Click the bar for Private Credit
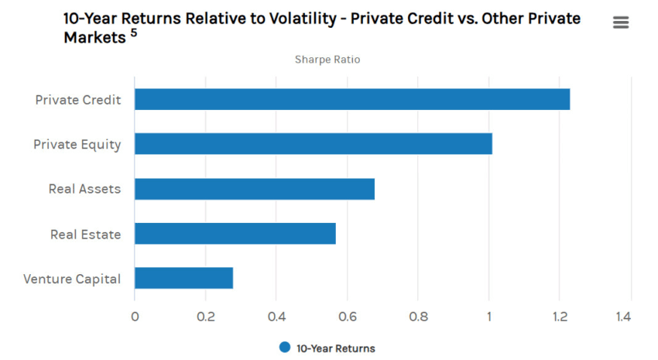coord(352,99)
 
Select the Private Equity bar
coord(314,144)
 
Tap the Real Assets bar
coord(255,189)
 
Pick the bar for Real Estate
coord(235,234)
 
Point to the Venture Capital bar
coord(184,278)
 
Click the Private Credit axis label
coord(78,100)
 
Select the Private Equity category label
coord(77,145)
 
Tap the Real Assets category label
coord(84,190)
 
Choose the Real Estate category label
coord(85,235)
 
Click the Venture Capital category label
coord(72,279)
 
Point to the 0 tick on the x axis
coord(135,317)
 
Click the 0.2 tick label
coord(205,317)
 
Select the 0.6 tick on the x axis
coord(347,317)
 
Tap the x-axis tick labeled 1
coord(489,317)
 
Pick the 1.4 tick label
coord(623,317)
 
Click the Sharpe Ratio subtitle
coord(327,60)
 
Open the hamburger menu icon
coord(621,22)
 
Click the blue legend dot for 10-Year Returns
coord(285,348)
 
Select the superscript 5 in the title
coord(134,33)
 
